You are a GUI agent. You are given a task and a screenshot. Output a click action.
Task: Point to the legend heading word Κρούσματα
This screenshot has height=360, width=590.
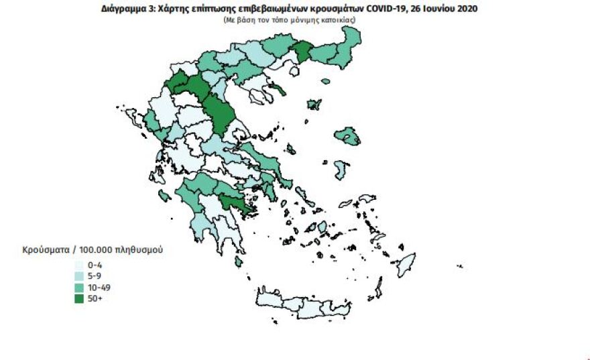[44, 250]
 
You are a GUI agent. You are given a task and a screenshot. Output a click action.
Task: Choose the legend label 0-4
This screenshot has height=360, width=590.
[95, 265]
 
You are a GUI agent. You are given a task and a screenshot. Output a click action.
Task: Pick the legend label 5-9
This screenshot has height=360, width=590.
[95, 276]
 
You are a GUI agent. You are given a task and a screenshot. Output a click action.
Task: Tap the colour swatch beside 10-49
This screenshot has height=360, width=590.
[80, 287]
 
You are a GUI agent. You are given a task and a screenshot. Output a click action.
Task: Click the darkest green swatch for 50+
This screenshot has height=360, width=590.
[80, 298]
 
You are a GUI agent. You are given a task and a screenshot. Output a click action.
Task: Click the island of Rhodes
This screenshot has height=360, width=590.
[406, 264]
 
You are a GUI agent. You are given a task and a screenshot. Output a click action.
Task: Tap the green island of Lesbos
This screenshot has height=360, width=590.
[349, 137]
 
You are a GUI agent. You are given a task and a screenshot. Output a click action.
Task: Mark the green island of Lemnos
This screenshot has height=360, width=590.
[314, 105]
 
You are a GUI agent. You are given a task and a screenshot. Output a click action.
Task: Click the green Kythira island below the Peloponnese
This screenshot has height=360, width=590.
[239, 261]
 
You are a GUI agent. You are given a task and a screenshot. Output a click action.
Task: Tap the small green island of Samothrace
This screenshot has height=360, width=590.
[326, 81]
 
